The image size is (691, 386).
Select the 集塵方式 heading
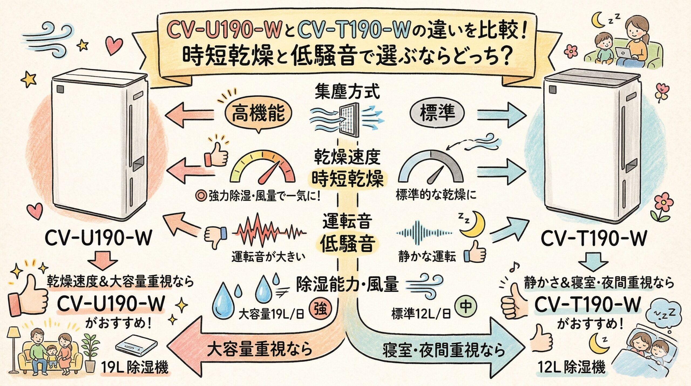coord(347,92)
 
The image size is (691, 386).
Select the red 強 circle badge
coord(321,309)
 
